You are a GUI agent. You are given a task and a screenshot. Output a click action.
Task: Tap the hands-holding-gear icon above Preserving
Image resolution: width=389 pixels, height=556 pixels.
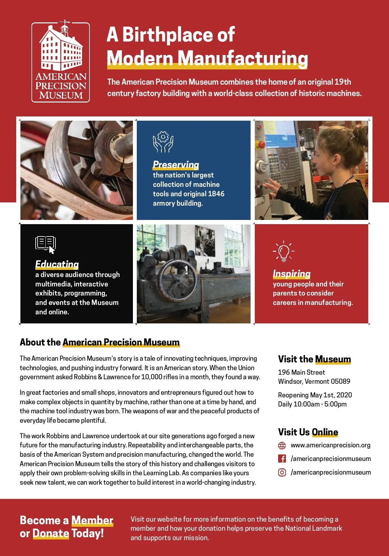(x=163, y=142)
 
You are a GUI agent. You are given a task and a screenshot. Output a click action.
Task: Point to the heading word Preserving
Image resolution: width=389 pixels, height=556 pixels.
(x=176, y=164)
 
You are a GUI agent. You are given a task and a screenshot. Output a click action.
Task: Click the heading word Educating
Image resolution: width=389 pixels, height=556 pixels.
(x=57, y=264)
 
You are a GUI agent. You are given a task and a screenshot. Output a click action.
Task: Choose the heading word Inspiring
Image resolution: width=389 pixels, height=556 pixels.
(x=291, y=274)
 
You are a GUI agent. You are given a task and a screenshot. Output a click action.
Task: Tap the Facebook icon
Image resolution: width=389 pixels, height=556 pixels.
(x=282, y=459)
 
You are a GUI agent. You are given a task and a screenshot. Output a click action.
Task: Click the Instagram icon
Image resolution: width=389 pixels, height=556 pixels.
(x=282, y=472)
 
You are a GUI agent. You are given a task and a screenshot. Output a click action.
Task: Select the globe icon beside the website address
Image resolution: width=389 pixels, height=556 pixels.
(x=282, y=445)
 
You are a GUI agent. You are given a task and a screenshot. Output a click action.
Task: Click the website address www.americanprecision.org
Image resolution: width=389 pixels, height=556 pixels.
(x=330, y=445)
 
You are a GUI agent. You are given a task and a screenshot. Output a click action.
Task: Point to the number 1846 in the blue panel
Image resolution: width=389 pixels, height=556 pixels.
(x=216, y=194)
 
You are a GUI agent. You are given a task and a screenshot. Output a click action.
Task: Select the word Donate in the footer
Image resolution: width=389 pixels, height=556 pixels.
(x=51, y=533)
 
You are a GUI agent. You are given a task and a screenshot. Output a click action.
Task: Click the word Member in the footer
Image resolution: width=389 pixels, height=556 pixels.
(x=92, y=520)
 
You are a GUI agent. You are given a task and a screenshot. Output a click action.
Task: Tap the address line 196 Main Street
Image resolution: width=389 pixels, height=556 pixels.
(x=301, y=372)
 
